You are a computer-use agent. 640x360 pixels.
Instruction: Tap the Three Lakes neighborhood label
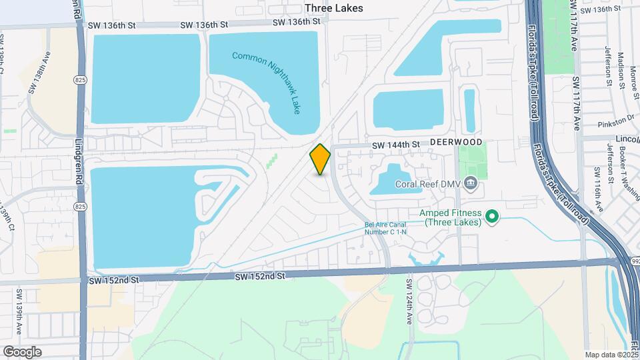(x=334, y=8)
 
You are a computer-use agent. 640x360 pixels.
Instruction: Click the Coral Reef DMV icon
(x=471, y=182)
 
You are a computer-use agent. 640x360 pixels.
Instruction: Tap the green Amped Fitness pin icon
(x=492, y=216)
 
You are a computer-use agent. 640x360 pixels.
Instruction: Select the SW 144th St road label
(x=396, y=145)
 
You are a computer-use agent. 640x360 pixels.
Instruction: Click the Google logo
(x=22, y=351)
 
